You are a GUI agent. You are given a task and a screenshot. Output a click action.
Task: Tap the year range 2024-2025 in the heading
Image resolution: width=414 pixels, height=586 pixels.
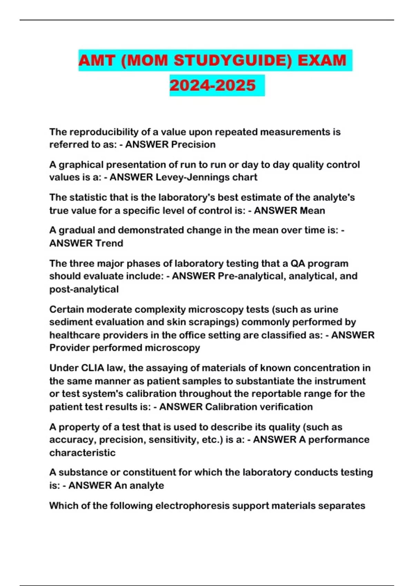coord(213,85)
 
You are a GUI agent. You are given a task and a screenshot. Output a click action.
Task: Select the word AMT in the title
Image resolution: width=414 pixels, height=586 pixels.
coord(97,61)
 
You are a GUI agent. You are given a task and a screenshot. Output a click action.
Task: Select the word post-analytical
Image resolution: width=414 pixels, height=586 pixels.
coord(84,289)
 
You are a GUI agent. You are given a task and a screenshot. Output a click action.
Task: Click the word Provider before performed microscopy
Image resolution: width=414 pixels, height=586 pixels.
coord(69,348)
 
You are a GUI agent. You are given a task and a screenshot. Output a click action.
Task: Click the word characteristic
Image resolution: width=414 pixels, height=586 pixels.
coord(82,453)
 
